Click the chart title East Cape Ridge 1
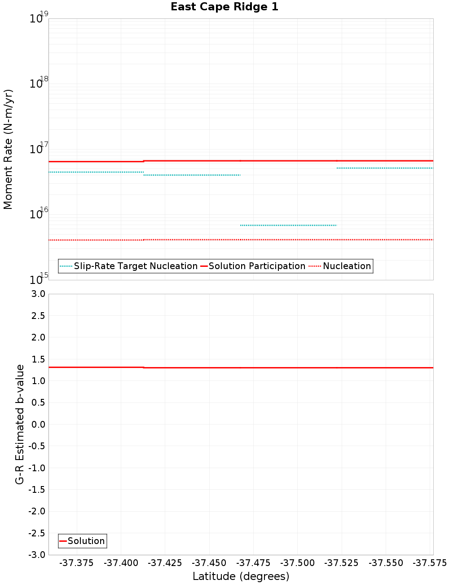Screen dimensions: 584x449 coord(224,7)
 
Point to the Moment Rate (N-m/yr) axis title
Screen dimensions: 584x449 coord(8,149)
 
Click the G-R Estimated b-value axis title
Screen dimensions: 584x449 coord(20,425)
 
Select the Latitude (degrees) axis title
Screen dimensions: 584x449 coord(241,576)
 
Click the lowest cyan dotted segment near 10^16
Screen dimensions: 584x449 coord(288,225)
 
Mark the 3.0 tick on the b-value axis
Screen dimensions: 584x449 coord(37,294)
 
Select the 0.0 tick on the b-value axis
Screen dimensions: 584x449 coord(37,425)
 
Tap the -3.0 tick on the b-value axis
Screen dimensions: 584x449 coord(36,555)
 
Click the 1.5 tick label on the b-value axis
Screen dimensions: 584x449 coord(37,359)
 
